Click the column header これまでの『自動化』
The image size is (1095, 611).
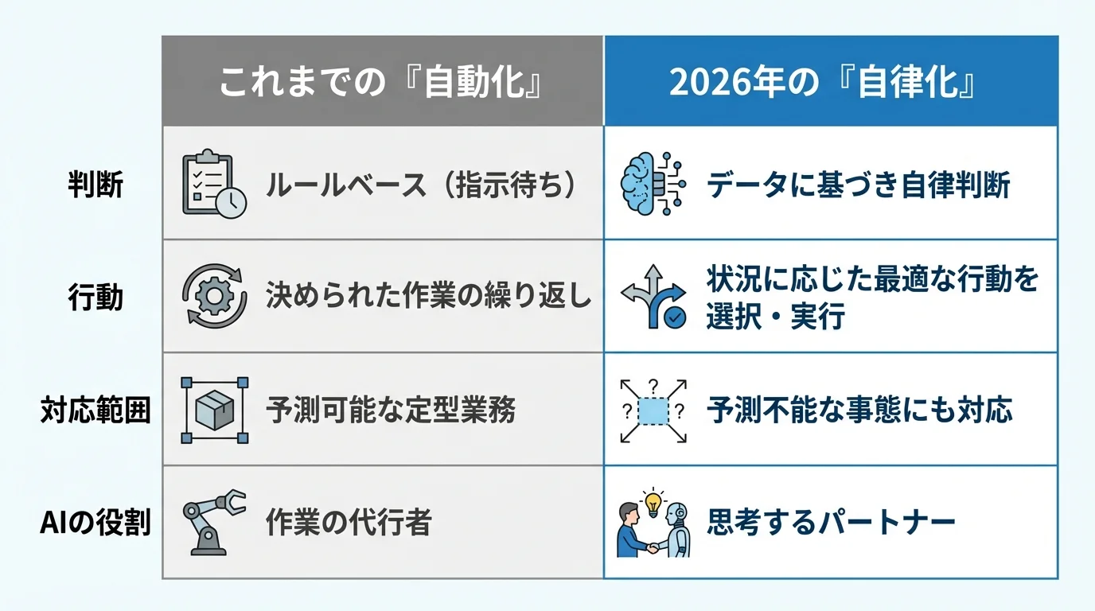(383, 82)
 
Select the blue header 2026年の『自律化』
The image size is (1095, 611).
(830, 82)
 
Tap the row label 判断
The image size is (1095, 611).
(95, 185)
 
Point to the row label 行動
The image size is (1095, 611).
(95, 297)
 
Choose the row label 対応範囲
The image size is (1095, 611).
(95, 411)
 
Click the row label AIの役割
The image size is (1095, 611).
(95, 523)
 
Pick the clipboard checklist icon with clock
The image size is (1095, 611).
(213, 184)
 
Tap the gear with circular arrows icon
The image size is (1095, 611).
(214, 297)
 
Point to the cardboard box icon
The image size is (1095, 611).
(214, 410)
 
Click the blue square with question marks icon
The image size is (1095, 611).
(653, 411)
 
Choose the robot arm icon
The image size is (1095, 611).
(213, 522)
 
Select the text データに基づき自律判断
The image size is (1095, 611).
(859, 185)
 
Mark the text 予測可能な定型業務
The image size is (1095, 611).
(391, 411)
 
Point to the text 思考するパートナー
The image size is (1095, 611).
(831, 523)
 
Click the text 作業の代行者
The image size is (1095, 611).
(349, 523)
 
